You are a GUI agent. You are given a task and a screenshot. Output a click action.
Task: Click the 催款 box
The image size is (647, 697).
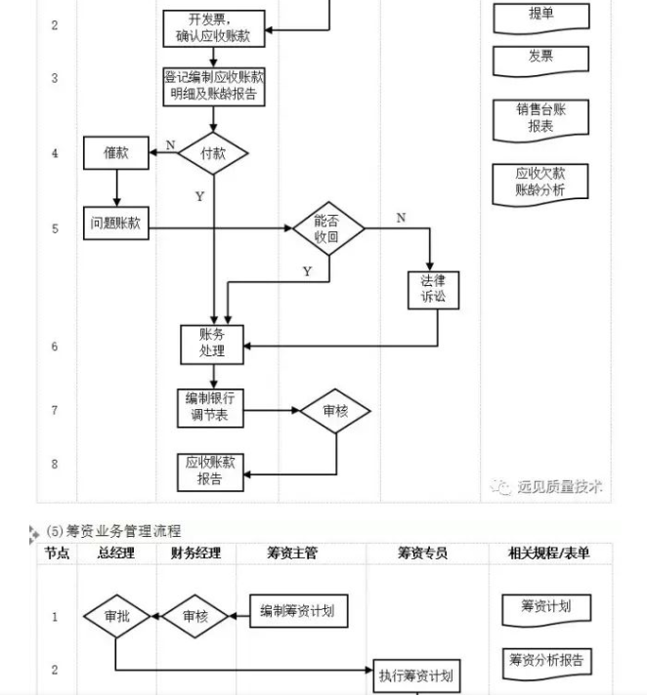tap(116, 152)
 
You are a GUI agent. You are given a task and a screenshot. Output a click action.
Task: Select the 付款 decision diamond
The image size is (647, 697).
tap(213, 153)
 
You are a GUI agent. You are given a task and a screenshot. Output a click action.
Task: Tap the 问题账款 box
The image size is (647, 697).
tap(116, 224)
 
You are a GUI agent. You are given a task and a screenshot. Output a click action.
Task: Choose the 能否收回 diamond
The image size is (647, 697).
tap(327, 228)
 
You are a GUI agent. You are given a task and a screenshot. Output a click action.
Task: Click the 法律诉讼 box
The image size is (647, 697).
tap(433, 290)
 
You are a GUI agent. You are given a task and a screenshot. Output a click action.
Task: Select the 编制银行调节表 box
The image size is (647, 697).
tap(212, 409)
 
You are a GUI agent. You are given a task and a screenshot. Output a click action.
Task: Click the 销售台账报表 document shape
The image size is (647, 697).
tap(540, 118)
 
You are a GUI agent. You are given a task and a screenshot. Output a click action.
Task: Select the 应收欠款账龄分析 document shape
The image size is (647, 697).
tap(540, 183)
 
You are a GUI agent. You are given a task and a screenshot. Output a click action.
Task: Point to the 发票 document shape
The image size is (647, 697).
tap(540, 58)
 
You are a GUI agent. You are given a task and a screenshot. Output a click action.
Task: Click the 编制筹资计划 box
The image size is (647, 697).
tap(297, 612)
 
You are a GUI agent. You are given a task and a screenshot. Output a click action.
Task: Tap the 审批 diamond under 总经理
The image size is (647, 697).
tap(115, 617)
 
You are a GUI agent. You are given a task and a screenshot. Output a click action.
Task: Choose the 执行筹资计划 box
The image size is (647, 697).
tap(415, 676)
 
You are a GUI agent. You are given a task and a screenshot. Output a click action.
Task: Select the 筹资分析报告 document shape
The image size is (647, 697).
tap(546, 661)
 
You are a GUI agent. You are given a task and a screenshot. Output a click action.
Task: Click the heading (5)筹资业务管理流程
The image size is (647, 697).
tap(113, 531)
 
